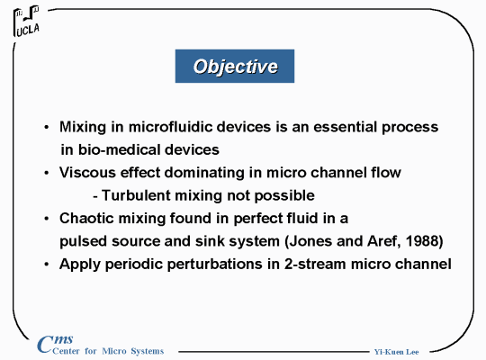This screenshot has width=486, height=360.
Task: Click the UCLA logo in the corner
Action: pos(26,21)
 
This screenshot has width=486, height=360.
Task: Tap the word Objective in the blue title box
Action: pos(235,67)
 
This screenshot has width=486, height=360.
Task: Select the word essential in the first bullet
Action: pos(345,127)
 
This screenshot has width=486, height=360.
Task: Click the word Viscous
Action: pos(87,173)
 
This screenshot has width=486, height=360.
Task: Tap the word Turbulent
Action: pos(136,195)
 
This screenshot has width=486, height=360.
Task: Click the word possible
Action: pos(284,196)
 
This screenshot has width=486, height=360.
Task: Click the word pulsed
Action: pos(84,241)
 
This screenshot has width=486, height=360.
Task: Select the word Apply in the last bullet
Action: pos(80,265)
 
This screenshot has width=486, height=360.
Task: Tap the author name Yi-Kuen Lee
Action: pos(396,352)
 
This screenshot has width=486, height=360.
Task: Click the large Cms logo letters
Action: pos(55,344)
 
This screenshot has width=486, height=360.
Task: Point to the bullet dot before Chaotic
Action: pos(47,219)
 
